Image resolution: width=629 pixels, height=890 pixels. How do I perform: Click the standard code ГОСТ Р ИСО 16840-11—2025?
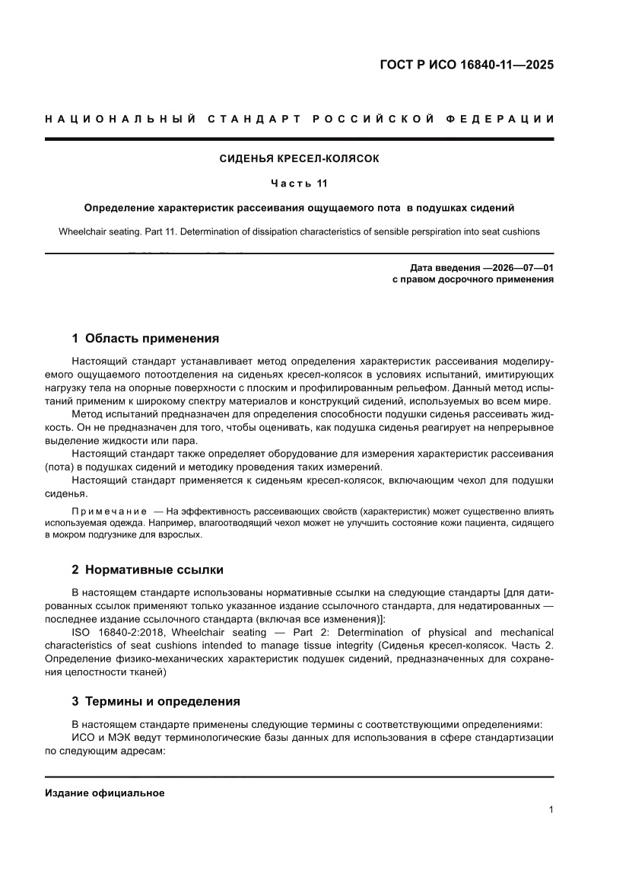(x=466, y=65)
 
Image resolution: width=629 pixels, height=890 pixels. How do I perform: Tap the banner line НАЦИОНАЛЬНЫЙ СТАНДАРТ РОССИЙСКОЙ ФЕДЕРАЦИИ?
(x=299, y=119)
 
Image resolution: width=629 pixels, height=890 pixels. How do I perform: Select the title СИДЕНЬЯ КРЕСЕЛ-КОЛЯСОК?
(x=299, y=159)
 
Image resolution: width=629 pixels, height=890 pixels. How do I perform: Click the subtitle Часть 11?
(x=299, y=183)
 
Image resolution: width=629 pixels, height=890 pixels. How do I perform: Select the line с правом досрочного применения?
(x=472, y=279)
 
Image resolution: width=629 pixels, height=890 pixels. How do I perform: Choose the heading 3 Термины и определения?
(x=156, y=701)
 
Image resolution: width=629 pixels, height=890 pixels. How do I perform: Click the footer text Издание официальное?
(x=105, y=793)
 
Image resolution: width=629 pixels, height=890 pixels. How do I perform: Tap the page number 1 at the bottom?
(x=550, y=810)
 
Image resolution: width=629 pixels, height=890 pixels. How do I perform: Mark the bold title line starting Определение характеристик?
(x=299, y=207)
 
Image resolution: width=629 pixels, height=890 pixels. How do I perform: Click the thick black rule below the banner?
(x=299, y=139)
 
